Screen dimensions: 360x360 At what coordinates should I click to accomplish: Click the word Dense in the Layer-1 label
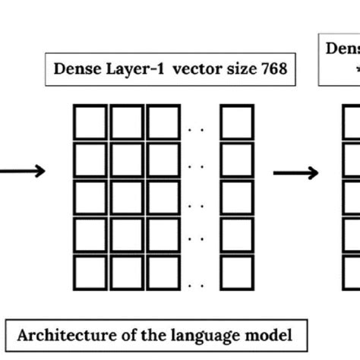74,70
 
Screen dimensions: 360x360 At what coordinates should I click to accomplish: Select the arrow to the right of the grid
295,174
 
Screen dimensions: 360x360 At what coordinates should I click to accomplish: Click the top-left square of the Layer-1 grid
90,122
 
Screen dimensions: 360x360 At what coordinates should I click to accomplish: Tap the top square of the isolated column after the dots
236,122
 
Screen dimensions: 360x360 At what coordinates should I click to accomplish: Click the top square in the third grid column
163,122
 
